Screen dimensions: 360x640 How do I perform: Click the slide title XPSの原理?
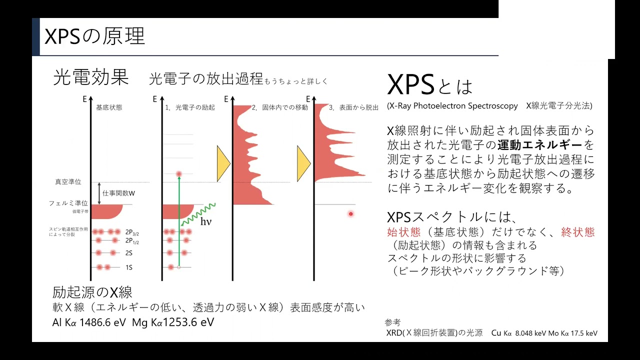pos(94,36)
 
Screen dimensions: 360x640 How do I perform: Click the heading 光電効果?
pos(90,78)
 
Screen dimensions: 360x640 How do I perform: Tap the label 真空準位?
pos(68,182)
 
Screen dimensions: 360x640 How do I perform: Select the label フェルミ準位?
pos(68,203)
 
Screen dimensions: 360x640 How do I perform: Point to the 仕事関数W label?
pos(119,192)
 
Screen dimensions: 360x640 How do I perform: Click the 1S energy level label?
pos(129,268)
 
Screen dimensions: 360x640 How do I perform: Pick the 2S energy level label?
pos(129,253)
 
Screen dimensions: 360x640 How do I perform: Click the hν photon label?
pos(206,221)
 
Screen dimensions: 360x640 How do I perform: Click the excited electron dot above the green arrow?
pos(178,174)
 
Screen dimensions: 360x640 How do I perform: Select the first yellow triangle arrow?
pos(223,163)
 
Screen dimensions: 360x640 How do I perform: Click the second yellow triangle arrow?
pos(303,163)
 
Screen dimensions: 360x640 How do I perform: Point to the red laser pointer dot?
pos(351,214)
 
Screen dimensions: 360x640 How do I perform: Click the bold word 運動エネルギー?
pos(540,145)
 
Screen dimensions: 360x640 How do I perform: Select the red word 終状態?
pos(578,232)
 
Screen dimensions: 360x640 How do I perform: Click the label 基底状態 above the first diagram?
pos(109,107)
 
